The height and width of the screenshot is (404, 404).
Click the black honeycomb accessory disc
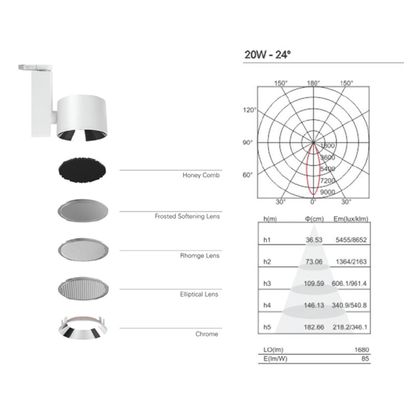(x=82, y=170)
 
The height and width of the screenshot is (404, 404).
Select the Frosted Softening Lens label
(x=187, y=216)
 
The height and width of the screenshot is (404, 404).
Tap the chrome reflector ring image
(x=83, y=327)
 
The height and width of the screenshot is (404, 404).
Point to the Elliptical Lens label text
(x=199, y=294)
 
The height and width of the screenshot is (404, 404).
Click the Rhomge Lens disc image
(x=83, y=249)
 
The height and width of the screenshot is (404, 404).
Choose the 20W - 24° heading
(x=267, y=55)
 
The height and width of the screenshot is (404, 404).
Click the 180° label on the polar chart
(x=313, y=83)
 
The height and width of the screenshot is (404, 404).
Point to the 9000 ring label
(x=327, y=192)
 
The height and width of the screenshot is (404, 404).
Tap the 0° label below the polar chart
(x=313, y=202)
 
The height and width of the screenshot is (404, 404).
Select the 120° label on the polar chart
(x=249, y=110)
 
